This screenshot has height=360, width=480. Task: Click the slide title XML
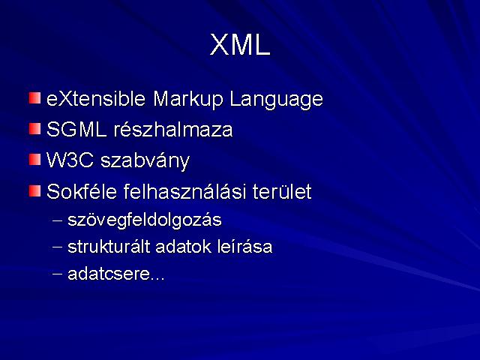[240, 45]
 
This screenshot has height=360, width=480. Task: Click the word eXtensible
[96, 98]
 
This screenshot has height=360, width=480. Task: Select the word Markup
[187, 100]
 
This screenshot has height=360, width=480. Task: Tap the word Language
[276, 100]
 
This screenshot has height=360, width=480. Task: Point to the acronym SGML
[76, 129]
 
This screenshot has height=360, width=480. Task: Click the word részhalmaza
[173, 129]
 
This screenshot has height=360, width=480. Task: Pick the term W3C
[70, 160]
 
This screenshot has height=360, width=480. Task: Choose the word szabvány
[145, 161]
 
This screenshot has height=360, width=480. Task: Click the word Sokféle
[82, 192]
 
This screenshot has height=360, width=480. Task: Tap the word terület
[282, 192]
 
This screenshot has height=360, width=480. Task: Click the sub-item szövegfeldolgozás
[145, 220]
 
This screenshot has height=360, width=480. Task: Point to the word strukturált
[109, 247]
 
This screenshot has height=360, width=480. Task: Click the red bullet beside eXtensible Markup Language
[35, 98]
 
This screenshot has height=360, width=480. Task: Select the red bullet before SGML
[35, 129]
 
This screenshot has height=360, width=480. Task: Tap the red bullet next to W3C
[35, 160]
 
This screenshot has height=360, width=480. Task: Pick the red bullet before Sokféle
[35, 191]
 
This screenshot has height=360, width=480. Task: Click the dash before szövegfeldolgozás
[57, 220]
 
